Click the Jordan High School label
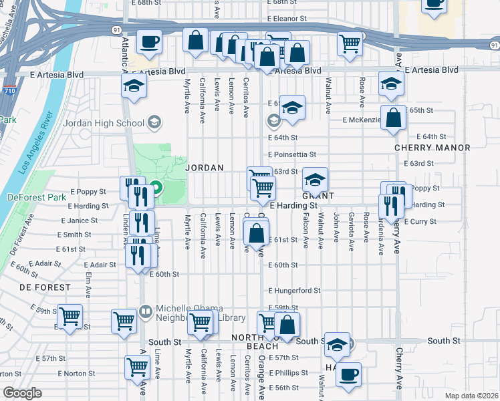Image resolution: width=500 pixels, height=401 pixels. click(x=103, y=123)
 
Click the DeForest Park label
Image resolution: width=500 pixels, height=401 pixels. click(x=27, y=197)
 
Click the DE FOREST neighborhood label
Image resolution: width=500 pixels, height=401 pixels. click(x=44, y=287)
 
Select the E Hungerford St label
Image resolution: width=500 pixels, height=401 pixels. click(x=295, y=291)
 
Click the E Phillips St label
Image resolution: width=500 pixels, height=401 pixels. click(x=287, y=372)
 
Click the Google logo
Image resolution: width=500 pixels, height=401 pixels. click(x=22, y=393)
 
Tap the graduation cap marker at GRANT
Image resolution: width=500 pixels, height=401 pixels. click(x=315, y=178)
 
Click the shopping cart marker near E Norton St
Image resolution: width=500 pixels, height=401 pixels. click(x=137, y=366)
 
